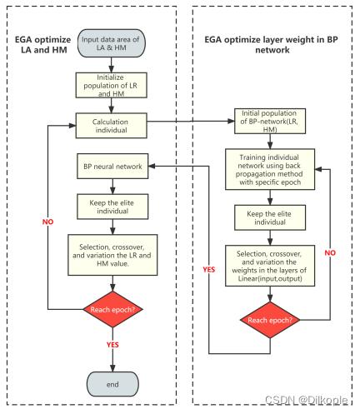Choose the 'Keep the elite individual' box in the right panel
[270, 218]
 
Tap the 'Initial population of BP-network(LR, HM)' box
[270, 122]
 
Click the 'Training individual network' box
[270, 172]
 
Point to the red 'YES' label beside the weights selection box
[208, 268]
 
